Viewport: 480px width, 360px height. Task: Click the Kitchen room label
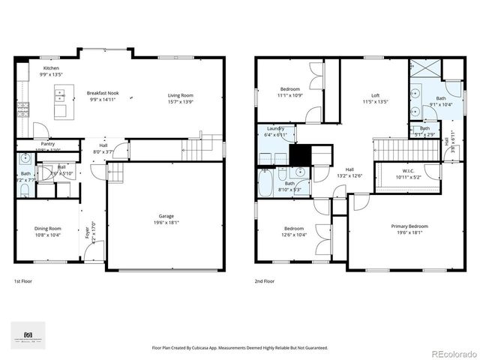(x=50, y=68)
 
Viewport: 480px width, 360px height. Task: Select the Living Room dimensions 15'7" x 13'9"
(x=180, y=100)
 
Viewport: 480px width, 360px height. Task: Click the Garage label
(x=166, y=215)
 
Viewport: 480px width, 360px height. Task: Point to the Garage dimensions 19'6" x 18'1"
(x=166, y=221)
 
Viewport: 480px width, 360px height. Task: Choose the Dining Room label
(x=47, y=229)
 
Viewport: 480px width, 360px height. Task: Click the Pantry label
(x=48, y=144)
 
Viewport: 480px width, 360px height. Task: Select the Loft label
(x=375, y=95)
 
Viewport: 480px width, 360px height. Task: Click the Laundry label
(x=274, y=128)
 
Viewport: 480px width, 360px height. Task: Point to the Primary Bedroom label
(x=409, y=226)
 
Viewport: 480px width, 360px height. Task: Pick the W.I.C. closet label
(x=408, y=170)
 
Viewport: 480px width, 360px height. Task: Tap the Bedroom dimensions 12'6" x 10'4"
(x=293, y=235)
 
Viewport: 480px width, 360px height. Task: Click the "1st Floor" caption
(x=23, y=281)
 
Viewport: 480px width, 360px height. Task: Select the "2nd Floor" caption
(x=264, y=281)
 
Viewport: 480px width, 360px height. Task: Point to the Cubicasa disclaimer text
(x=240, y=347)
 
